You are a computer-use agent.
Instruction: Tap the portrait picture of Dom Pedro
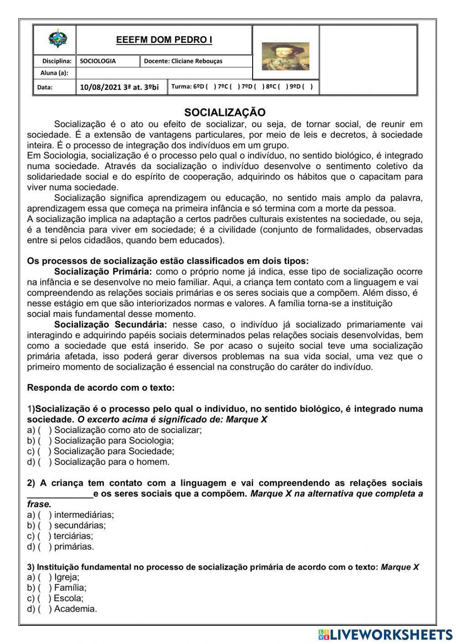click(x=285, y=57)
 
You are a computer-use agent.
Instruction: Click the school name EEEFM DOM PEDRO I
click(x=164, y=40)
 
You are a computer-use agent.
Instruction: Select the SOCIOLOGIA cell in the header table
click(x=98, y=61)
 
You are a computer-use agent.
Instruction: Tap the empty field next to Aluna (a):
click(x=164, y=73)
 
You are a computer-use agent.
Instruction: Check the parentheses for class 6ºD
click(x=211, y=87)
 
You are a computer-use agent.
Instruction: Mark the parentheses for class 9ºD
click(x=307, y=87)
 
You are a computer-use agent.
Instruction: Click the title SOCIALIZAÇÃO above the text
click(x=225, y=113)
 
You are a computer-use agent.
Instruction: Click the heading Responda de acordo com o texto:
click(x=101, y=388)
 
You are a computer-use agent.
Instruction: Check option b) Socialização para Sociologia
click(x=45, y=441)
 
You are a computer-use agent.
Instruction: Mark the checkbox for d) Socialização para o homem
click(x=45, y=462)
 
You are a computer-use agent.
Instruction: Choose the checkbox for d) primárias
click(x=45, y=546)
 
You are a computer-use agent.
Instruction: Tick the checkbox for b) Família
click(x=45, y=588)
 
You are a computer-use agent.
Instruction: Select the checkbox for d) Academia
click(x=45, y=609)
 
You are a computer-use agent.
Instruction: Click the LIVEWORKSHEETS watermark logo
click(x=386, y=634)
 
